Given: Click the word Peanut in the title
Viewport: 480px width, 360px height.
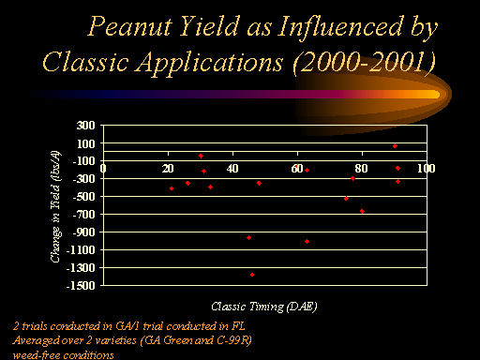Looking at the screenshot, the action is pyautogui.click(x=129, y=26).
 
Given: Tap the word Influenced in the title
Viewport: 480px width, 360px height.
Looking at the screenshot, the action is pyautogui.click(x=340, y=26).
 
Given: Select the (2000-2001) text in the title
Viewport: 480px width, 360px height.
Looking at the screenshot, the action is pyautogui.click(x=364, y=63).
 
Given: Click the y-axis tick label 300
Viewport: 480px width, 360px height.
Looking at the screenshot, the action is pyautogui.click(x=85, y=126).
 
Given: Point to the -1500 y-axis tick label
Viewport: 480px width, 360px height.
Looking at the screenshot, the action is pyautogui.click(x=81, y=286).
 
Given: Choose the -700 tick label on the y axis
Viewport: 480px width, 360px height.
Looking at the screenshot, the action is pyautogui.click(x=83, y=215).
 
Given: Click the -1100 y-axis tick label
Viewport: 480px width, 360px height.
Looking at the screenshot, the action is pyautogui.click(x=81, y=250).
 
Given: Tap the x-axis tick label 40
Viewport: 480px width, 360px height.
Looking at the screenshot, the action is pyautogui.click(x=232, y=169).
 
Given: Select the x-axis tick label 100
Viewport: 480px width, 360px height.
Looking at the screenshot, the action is pyautogui.click(x=427, y=169).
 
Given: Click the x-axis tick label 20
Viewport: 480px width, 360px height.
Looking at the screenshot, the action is pyautogui.click(x=168, y=169).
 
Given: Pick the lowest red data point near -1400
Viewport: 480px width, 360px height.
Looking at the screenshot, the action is pyautogui.click(x=252, y=275).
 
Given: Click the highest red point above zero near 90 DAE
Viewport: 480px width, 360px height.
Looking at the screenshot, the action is pyautogui.click(x=395, y=146).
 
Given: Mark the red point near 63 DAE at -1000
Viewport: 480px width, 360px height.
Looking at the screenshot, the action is pyautogui.click(x=307, y=241).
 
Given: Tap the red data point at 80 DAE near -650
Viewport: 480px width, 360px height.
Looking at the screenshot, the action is pyautogui.click(x=362, y=211).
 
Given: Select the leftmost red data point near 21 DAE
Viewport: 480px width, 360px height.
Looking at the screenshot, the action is pyautogui.click(x=172, y=188).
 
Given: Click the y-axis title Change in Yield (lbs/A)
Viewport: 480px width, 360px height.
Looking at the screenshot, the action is pyautogui.click(x=55, y=206).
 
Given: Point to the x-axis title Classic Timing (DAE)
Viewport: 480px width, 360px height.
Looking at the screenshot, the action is pyautogui.click(x=264, y=307).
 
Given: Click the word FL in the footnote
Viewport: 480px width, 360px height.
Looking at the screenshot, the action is pyautogui.click(x=238, y=326).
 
